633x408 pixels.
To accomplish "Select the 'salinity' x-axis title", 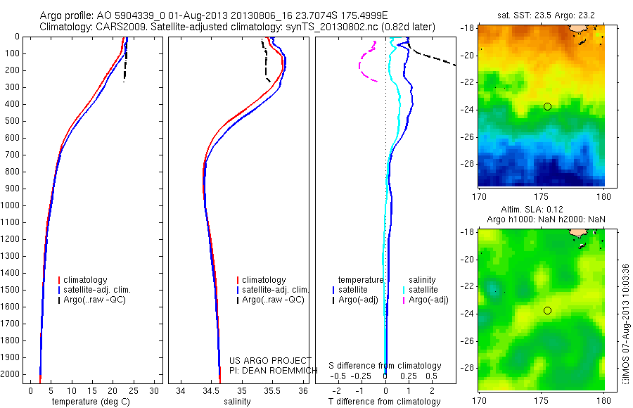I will (x=237, y=402).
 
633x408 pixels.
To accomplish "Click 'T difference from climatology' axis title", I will (x=385, y=402).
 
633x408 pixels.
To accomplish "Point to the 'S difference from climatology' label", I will (x=385, y=366).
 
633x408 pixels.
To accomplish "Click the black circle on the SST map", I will (x=547, y=106).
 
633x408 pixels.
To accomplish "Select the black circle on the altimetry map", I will (x=547, y=310).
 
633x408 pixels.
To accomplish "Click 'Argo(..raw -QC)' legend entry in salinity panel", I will (x=273, y=300).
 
